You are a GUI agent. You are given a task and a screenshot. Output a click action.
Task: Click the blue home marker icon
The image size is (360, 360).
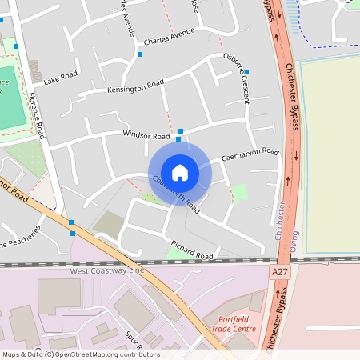(x=180, y=171)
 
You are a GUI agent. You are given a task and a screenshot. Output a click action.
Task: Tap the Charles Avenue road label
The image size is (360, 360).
(x=170, y=38)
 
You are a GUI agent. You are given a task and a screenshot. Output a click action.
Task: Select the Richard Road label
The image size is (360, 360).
(x=192, y=249)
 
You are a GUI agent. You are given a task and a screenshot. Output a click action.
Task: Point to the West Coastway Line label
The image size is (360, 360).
(x=107, y=271)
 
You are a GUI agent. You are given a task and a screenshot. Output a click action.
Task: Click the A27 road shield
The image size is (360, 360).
(x=279, y=273)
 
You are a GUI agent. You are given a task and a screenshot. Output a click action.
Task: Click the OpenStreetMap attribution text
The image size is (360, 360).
(x=80, y=354)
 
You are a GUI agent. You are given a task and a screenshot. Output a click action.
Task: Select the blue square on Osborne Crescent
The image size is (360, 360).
(x=246, y=72)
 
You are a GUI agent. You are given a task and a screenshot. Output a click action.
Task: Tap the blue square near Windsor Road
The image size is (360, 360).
(x=181, y=131)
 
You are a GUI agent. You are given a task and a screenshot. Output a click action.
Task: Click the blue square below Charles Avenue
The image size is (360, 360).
(x=140, y=55)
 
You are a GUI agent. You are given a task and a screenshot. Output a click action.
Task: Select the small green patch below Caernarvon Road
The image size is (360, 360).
(x=239, y=193)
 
